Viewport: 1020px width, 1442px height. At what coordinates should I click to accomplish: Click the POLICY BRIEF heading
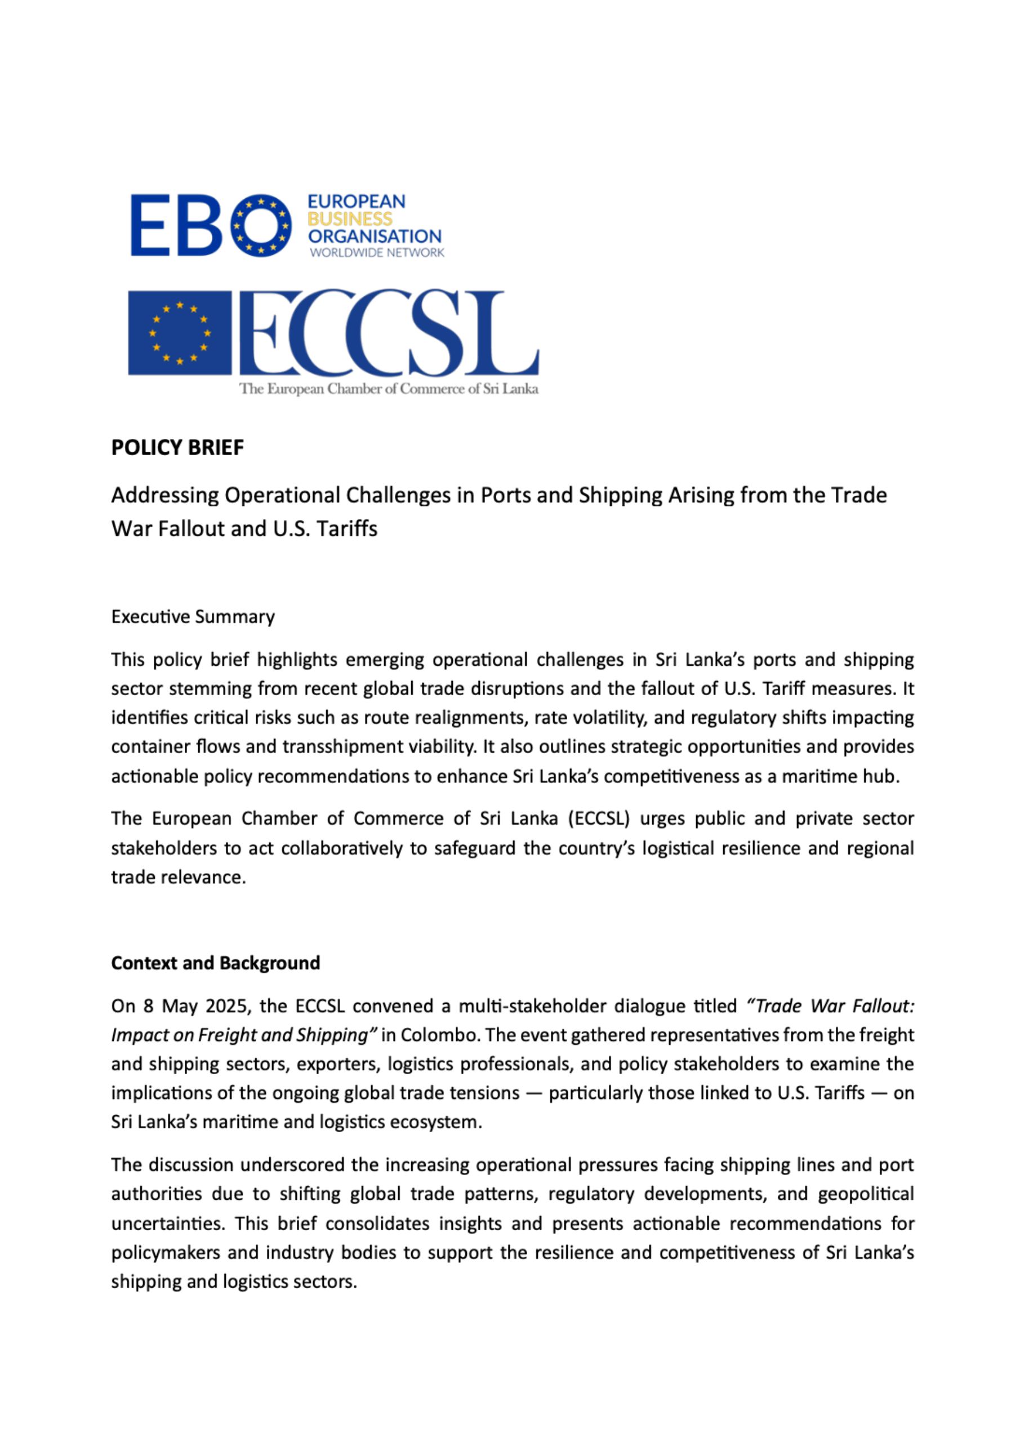coord(177,448)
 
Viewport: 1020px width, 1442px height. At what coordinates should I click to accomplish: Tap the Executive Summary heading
coord(193,617)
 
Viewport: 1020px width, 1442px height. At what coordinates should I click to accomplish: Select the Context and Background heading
coord(215,963)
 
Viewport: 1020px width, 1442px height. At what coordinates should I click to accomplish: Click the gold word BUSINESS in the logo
coord(350,219)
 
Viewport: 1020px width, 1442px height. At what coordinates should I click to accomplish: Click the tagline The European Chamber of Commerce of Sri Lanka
coord(389,389)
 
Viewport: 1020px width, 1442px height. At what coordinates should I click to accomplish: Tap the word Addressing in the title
coord(164,496)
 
